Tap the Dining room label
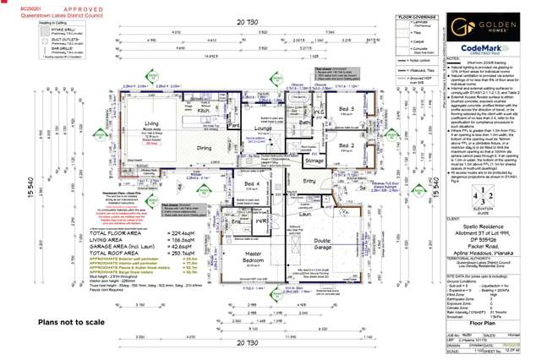click(x=205, y=147)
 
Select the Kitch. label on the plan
click(x=204, y=111)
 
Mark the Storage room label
click(x=314, y=160)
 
